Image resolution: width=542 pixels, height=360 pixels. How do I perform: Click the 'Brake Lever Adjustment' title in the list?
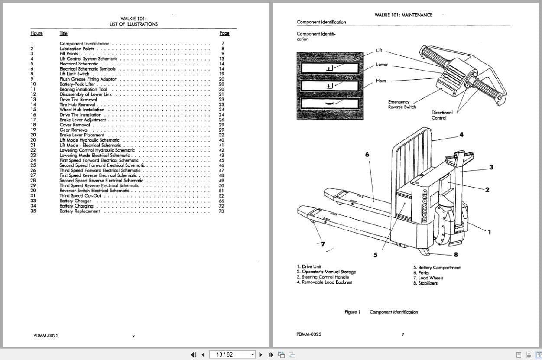(x=82, y=120)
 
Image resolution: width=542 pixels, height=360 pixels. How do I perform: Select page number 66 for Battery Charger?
(x=221, y=201)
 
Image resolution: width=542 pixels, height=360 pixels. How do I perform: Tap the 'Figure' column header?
(x=37, y=33)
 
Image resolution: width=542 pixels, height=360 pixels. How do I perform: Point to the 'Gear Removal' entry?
(x=74, y=130)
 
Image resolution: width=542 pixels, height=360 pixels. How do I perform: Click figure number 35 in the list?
(x=33, y=211)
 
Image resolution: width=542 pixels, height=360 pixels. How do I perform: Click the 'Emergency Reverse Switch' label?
(x=402, y=104)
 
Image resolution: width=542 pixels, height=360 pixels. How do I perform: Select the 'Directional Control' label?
(x=442, y=115)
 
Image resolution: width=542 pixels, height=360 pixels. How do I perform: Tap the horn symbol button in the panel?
(x=330, y=104)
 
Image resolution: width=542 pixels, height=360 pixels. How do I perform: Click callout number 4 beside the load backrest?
(x=461, y=135)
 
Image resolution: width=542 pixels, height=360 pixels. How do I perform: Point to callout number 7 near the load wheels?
(x=322, y=244)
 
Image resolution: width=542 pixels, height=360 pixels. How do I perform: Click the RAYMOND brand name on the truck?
(x=425, y=205)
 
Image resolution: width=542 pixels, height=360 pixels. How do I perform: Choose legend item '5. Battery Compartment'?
(x=437, y=268)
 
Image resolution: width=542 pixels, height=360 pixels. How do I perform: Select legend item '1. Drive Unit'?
(x=309, y=267)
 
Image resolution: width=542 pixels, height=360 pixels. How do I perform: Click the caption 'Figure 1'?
(x=352, y=312)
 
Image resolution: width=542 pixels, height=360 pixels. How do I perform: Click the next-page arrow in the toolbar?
(x=261, y=354)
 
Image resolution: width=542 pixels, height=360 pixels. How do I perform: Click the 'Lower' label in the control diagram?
(x=382, y=65)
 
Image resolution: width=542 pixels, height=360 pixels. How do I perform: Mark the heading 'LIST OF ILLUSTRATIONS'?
(x=133, y=24)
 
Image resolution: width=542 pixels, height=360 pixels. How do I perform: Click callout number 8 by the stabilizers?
(x=456, y=255)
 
